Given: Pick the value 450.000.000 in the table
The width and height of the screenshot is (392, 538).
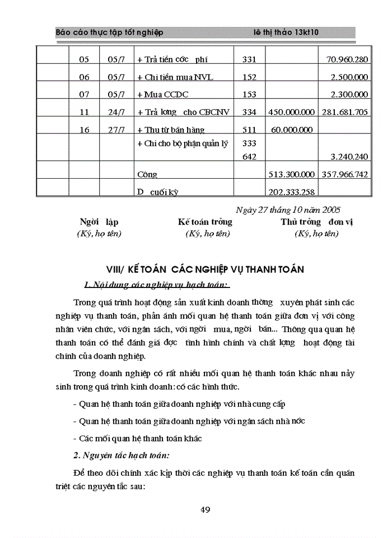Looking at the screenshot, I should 292,113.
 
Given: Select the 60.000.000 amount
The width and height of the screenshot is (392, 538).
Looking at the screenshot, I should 292,131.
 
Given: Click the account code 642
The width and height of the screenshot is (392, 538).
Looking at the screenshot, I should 249,157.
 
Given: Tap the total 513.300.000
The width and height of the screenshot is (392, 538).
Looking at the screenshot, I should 292,175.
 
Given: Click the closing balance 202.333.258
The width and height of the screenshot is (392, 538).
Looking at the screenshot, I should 292,192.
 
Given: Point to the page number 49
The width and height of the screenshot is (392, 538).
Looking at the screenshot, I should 205,509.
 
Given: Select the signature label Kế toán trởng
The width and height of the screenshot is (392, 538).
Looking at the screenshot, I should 205,222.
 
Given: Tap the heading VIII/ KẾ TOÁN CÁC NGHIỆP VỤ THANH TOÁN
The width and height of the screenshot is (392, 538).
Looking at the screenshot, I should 205,270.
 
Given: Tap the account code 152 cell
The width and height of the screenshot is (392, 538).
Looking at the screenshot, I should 249,77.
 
